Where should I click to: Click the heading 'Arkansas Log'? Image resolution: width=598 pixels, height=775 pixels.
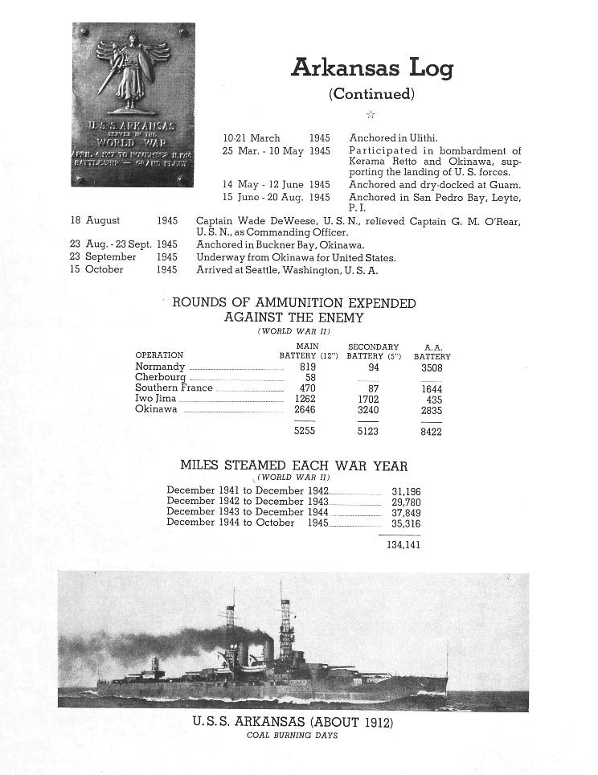(371, 68)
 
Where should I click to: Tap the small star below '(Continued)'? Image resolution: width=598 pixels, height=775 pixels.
(371, 115)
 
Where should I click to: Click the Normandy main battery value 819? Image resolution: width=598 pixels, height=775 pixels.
(306, 367)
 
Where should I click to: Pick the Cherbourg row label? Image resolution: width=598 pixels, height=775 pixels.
(161, 378)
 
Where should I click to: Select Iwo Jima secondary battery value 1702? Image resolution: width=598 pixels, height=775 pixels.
(367, 399)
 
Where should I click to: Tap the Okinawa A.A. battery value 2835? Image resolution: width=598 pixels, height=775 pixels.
(431, 410)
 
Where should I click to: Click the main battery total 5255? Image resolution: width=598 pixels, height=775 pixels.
(305, 431)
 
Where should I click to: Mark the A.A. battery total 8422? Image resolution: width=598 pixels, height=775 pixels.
(431, 431)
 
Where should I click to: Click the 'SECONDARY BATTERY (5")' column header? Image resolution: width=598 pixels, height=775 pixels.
(373, 351)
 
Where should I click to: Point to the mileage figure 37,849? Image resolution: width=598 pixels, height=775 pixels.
(406, 513)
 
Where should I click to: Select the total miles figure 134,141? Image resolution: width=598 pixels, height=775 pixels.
(402, 545)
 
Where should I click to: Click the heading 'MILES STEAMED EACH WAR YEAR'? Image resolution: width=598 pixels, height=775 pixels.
(293, 465)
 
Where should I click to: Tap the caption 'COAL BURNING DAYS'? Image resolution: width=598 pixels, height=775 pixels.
(293, 736)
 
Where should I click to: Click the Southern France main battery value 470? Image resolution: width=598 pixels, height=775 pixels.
(306, 388)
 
